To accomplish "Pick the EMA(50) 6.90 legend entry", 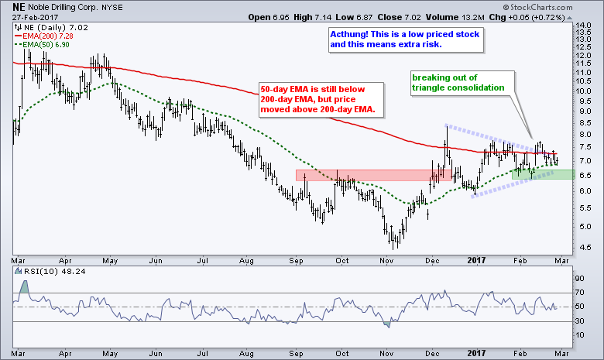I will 42,46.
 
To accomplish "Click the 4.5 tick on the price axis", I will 586,247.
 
